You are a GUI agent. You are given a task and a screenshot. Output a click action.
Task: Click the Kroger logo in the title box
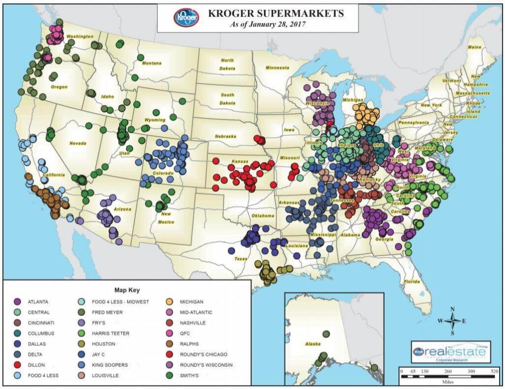pyautogui.click(x=186, y=18)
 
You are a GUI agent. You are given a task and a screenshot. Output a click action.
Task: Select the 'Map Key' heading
pyautogui.click(x=127, y=290)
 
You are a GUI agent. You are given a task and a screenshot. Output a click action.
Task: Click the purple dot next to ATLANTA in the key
pyautogui.click(x=17, y=302)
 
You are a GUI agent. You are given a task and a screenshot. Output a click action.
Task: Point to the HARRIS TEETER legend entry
pyautogui.click(x=110, y=334)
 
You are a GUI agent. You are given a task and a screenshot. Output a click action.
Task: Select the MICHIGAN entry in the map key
pyautogui.click(x=192, y=302)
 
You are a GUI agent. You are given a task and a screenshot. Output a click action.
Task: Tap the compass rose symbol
pyautogui.click(x=452, y=321)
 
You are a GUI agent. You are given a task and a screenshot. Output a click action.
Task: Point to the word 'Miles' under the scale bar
pyautogui.click(x=446, y=383)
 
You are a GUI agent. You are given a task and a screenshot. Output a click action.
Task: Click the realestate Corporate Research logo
pyautogui.click(x=450, y=352)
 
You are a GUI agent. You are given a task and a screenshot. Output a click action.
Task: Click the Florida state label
pyautogui.click(x=412, y=282)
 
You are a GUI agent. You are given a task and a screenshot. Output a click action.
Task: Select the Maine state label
pyautogui.click(x=474, y=47)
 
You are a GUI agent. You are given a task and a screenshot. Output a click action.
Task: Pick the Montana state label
pyautogui.click(x=151, y=63)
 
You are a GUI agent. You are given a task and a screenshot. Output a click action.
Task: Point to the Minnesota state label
pyautogui.click(x=279, y=68)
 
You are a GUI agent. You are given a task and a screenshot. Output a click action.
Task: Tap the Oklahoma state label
pyautogui.click(x=262, y=215)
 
